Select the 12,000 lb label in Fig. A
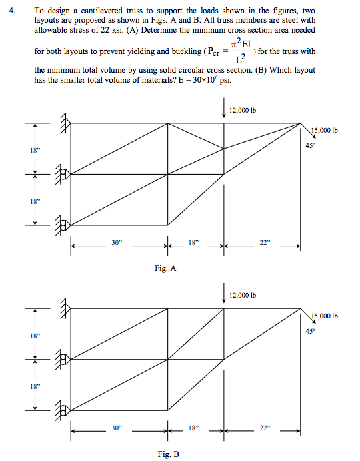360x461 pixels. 243,110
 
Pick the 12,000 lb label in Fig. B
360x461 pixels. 243,294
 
